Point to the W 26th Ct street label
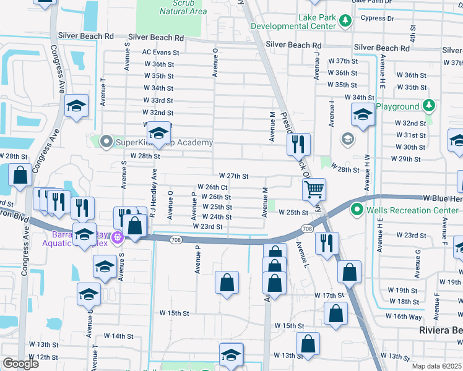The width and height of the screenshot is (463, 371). click(212, 187)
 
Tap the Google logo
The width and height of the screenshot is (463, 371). click(20, 363)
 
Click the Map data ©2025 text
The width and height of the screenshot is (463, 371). click(437, 366)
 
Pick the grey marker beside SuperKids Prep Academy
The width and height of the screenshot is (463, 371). click(105, 142)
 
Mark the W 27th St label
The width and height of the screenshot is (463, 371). click(233, 177)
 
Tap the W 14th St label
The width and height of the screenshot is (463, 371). click(118, 336)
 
